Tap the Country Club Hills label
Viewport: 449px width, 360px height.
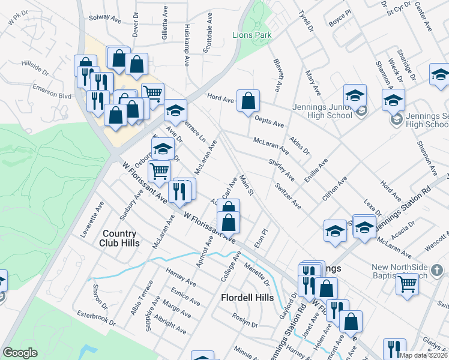coord(121,238)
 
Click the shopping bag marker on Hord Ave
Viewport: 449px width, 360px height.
coord(248,101)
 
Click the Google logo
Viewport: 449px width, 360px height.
coord(20,353)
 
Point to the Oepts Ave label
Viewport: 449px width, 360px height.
coord(269,121)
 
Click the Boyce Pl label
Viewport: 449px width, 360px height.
coord(339,23)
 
